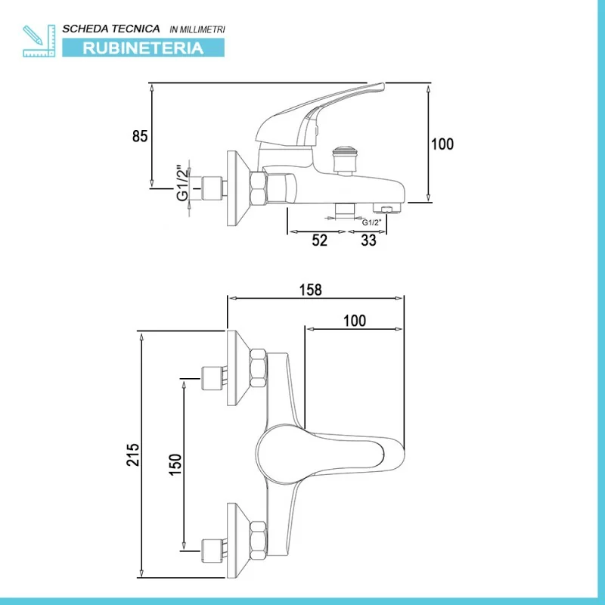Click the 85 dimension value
click(x=140, y=136)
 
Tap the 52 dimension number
click(x=319, y=240)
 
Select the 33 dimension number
click(x=368, y=240)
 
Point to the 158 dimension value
click(x=311, y=290)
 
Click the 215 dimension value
click(x=133, y=455)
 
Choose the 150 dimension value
click(x=175, y=464)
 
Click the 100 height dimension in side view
click(x=442, y=144)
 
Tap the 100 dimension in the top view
click(x=355, y=320)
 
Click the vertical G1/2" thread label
click(x=183, y=183)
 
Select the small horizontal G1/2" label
click(x=371, y=222)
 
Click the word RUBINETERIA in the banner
click(x=143, y=48)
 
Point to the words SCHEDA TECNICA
click(x=111, y=29)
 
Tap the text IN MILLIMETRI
click(x=197, y=29)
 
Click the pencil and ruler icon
click(x=39, y=41)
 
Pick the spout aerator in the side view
click(x=387, y=209)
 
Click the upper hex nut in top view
click(x=258, y=368)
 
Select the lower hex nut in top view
click(x=258, y=541)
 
